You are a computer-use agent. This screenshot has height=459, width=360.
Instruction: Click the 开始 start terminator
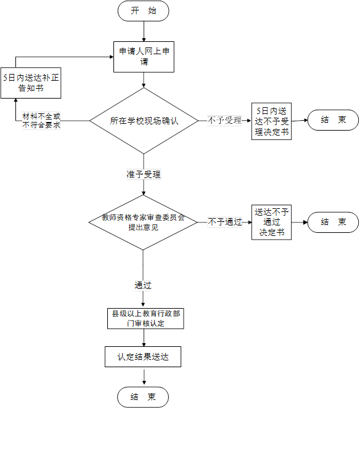pos(143,11)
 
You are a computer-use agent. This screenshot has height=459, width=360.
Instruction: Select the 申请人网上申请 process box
pos(144,57)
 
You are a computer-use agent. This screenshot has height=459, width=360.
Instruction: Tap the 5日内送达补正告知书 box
pos(31,83)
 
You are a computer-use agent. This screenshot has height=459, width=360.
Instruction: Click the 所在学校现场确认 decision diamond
pos(144,121)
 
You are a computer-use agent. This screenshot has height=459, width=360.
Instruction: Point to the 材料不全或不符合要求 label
pos(41,121)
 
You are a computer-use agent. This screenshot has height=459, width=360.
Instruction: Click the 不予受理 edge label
pos(224,120)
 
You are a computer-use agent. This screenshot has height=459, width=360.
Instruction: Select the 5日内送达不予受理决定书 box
pos(271,121)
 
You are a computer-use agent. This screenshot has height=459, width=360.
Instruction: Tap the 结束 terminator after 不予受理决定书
pos(333,120)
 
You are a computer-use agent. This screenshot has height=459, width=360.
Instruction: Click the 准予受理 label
pos(144,174)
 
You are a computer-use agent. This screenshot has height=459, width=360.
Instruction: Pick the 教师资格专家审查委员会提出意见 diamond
pos(143,222)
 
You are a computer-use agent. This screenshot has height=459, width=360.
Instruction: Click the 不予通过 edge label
pos(224,222)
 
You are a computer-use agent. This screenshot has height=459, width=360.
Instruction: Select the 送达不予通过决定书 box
pos(271,222)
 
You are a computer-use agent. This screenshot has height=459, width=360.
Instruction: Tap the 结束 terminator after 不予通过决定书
pos(333,222)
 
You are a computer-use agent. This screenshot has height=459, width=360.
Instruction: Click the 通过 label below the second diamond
pos(143,285)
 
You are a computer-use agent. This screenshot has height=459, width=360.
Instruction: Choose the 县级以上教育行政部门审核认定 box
pos(145,319)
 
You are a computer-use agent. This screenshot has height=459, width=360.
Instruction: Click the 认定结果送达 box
pos(143,357)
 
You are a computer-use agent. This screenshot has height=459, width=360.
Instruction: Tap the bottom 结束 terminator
pos(143,397)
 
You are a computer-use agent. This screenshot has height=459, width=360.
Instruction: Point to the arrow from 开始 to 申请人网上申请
pos(144,31)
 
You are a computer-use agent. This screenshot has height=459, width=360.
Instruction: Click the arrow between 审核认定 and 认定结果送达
pos(144,338)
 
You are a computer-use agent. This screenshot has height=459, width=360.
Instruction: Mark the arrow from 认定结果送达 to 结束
pos(144,377)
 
